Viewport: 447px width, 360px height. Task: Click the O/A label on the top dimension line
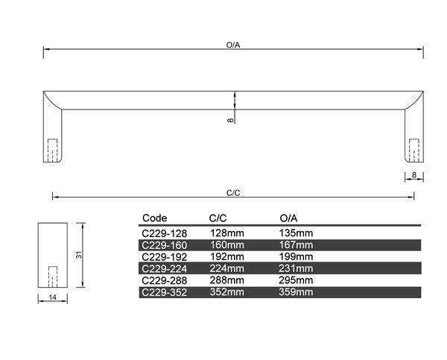coord(233,45)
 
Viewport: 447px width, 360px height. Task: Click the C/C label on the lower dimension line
coord(233,193)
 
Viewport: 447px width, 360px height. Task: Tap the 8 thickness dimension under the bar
coord(230,121)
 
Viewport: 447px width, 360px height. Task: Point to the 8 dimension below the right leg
coord(414,175)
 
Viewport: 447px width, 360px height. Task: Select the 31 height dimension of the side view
coord(79,255)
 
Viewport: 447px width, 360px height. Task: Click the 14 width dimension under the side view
coord(52,297)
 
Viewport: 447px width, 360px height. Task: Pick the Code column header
coord(154,218)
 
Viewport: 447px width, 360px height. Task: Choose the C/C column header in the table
coord(218,218)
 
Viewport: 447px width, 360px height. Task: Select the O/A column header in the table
coord(288,218)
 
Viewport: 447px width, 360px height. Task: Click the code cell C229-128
coord(164,233)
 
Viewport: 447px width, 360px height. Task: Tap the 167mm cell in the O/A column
coord(296,245)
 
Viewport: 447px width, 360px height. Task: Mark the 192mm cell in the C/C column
coord(227,256)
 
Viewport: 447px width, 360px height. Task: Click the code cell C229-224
coord(164,269)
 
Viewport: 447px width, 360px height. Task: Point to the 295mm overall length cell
coord(296,280)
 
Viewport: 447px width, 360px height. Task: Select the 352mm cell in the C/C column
coord(227,292)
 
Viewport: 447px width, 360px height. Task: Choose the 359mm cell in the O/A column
coord(296,292)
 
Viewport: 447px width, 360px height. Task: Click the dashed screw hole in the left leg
coord(53,151)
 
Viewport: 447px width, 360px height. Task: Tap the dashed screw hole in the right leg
coord(414,151)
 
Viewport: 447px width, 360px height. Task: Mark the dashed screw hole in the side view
coord(53,277)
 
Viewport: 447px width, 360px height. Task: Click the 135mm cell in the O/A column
coord(296,233)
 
